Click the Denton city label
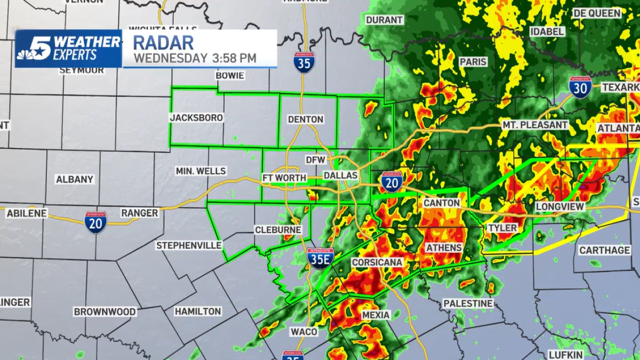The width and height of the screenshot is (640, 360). (x=306, y=119)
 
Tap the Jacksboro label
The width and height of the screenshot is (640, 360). (x=196, y=118)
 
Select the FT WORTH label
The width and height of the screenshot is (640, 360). (x=284, y=178)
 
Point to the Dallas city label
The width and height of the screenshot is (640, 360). (x=340, y=175)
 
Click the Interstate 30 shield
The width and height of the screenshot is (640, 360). (x=580, y=87)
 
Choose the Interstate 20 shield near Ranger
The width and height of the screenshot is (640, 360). (x=95, y=222)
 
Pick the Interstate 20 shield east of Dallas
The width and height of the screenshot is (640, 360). (x=392, y=182)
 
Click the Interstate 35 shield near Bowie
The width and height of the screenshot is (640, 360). (x=303, y=62)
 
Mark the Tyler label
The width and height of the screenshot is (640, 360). (x=502, y=228)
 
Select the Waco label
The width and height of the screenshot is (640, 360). (x=304, y=332)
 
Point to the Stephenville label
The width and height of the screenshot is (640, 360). (x=189, y=245)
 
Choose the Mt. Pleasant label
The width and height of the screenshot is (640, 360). (x=535, y=125)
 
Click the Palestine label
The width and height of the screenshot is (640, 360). (x=468, y=303)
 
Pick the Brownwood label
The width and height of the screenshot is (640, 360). (x=105, y=311)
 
